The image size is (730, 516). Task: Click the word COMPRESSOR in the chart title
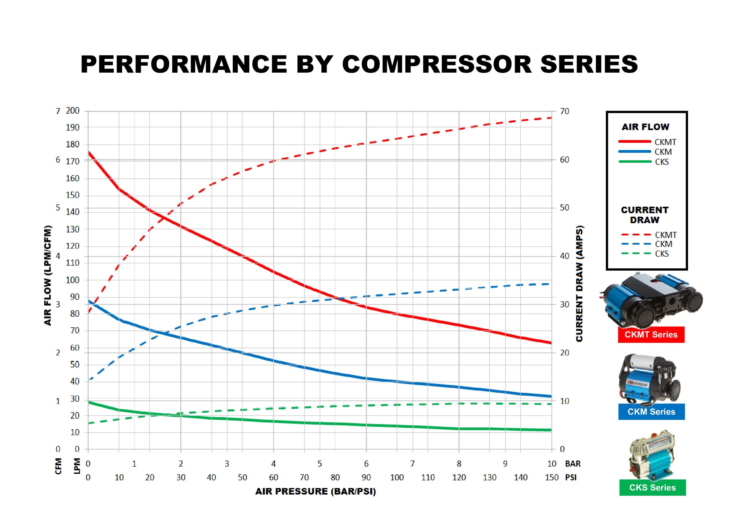(437, 64)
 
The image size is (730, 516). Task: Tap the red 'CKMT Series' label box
(651, 334)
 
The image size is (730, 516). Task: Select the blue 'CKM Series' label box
(651, 412)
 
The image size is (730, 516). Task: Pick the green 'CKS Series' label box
(652, 487)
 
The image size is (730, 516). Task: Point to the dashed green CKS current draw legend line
(636, 254)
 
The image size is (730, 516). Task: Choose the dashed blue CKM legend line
(636, 244)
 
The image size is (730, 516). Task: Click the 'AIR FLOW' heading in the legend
(645, 127)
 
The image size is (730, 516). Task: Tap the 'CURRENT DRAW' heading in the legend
(644, 215)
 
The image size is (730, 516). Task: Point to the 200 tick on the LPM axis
(72, 111)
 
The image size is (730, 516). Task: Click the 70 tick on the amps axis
(564, 111)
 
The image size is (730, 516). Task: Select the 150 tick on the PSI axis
(551, 478)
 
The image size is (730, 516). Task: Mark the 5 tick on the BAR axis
(320, 464)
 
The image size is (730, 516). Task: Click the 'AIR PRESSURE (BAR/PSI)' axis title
(315, 491)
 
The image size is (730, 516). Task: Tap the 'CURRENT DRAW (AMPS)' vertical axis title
(579, 284)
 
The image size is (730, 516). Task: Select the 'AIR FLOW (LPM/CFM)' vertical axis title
(48, 275)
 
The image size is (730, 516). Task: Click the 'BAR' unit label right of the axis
(573, 464)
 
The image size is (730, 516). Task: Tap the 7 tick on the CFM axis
(58, 111)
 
